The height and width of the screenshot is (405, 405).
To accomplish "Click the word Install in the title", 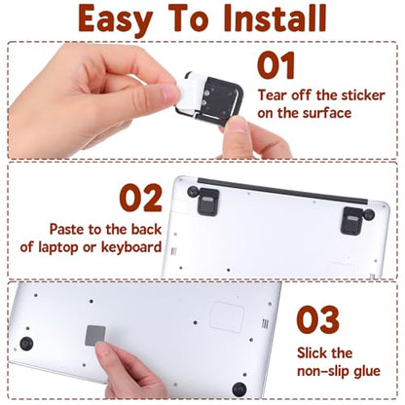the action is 275,18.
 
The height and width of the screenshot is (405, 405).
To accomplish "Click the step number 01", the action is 276,65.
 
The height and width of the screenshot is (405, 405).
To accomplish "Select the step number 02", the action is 141,198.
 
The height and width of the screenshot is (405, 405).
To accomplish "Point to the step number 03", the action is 318,319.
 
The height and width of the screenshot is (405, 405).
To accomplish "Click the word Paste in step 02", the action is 67,230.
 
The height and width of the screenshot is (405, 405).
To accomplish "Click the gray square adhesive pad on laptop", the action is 95,336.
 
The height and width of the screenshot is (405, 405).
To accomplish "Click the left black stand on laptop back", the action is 207,202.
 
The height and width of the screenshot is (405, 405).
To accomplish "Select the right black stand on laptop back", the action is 352,221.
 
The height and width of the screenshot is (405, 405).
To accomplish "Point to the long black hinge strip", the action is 282,191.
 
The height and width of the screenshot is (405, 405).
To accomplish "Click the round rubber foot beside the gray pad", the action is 26,344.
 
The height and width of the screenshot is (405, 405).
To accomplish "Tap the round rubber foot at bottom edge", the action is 239,389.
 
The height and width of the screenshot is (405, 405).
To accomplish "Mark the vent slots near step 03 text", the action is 265,323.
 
